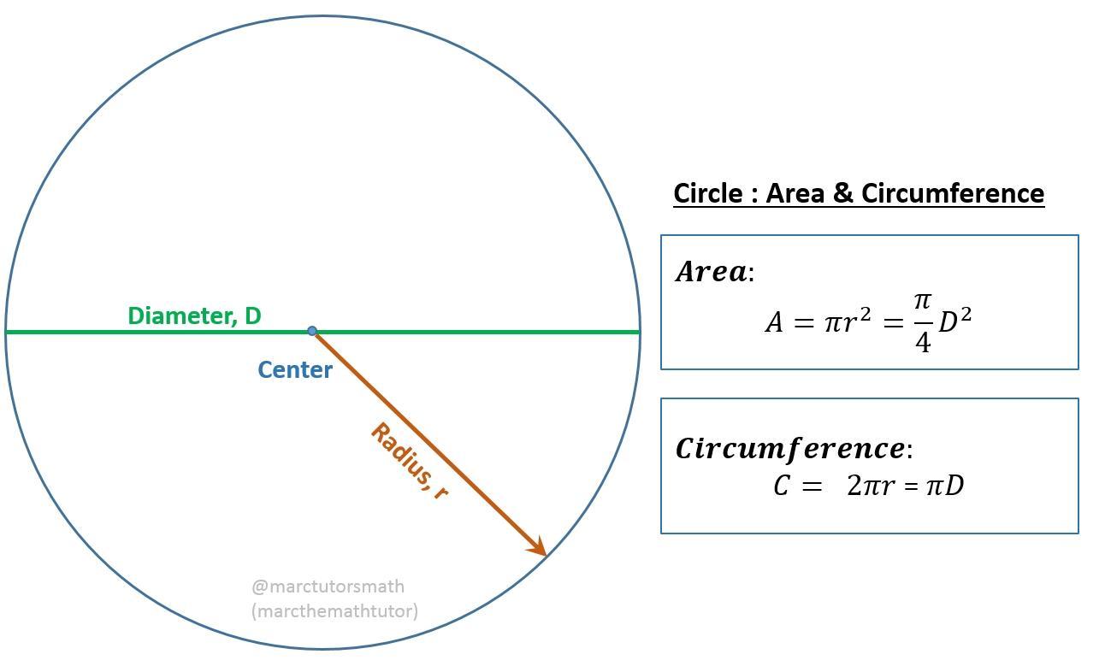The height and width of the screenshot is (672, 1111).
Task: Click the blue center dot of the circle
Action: [x=312, y=331]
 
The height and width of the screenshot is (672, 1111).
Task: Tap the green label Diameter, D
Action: [x=194, y=315]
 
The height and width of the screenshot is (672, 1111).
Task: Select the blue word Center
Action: [x=295, y=370]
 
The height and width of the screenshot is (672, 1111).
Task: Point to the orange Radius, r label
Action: [x=410, y=461]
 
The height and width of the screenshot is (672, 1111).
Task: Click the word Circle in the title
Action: [x=707, y=193]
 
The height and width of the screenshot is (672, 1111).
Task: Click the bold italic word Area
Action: [x=711, y=272]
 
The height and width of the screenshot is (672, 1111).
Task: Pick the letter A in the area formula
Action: [x=773, y=323]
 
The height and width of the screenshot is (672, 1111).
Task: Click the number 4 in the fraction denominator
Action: [x=922, y=342]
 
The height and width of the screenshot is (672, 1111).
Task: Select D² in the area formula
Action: [x=954, y=321]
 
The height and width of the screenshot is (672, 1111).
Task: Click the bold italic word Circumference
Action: [x=790, y=448]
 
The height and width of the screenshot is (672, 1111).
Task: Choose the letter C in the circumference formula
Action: [x=781, y=486]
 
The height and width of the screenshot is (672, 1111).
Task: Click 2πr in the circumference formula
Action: [x=871, y=486]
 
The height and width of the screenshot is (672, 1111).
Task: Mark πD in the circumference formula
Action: [x=945, y=486]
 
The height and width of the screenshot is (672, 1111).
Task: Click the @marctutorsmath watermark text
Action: [x=328, y=587]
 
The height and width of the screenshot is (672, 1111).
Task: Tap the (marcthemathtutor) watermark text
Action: [x=334, y=610]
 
